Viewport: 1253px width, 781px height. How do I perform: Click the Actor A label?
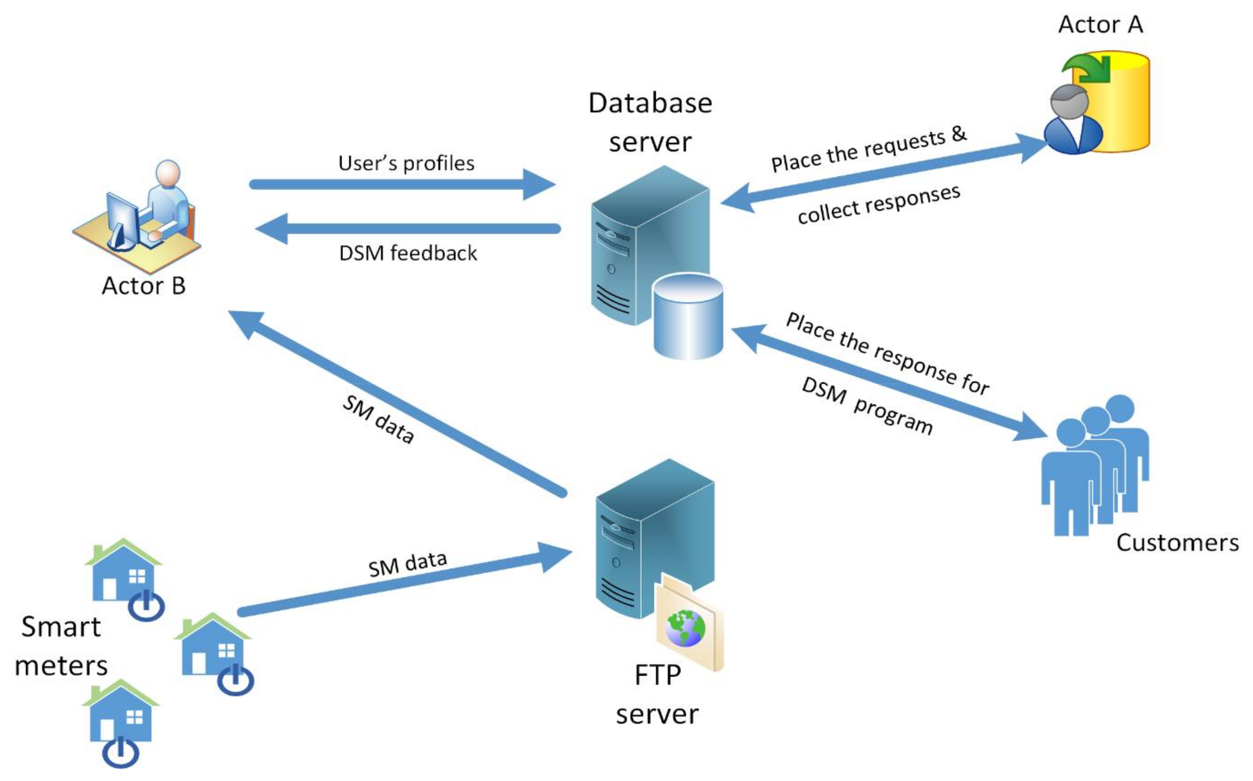tap(1100, 24)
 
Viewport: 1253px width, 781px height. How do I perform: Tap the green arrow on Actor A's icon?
tap(1088, 70)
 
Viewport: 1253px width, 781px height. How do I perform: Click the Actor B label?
tap(143, 286)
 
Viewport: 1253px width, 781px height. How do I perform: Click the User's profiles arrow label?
tap(406, 163)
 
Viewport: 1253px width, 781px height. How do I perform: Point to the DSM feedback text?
tap(408, 253)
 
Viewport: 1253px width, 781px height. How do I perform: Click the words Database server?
tap(650, 122)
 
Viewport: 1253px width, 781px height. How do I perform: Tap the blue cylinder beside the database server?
tap(688, 316)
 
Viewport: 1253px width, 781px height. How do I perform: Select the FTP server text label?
tap(657, 694)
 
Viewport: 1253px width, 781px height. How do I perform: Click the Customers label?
tap(1177, 543)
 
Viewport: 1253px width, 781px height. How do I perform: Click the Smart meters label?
tap(61, 646)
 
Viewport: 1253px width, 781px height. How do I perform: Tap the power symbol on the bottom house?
tap(120, 752)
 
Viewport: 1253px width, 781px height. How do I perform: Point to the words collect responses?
tap(878, 204)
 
